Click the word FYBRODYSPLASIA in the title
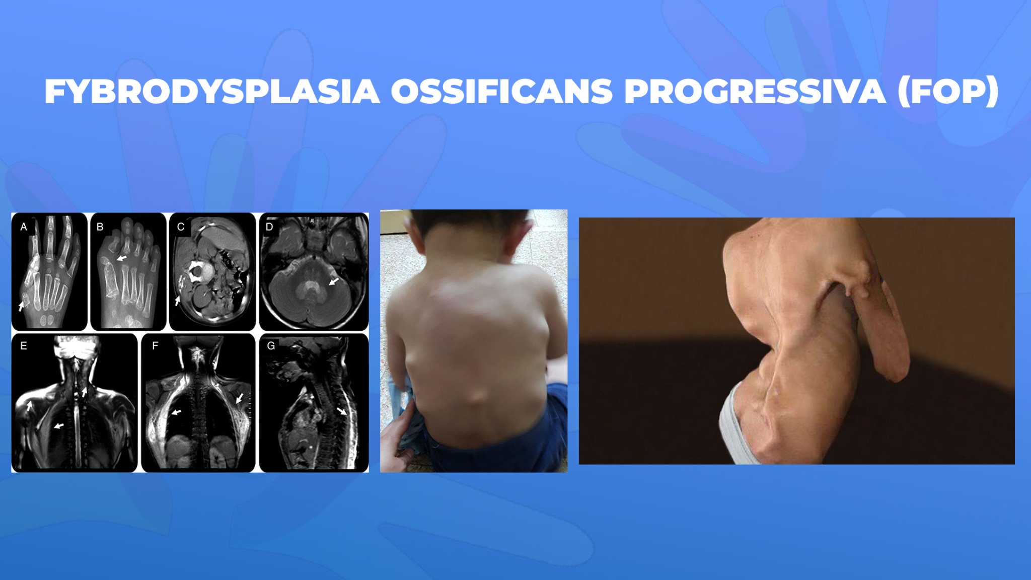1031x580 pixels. (212, 92)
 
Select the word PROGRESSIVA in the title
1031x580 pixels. (755, 92)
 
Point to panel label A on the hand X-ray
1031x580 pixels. (24, 227)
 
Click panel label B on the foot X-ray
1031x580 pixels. (100, 227)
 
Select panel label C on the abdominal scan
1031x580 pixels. (181, 227)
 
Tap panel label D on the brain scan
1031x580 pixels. (269, 227)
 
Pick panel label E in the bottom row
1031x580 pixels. (23, 346)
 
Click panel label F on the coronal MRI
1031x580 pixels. (155, 346)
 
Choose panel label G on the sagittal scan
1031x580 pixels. (271, 346)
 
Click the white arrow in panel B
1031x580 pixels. (121, 258)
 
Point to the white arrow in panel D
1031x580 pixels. (333, 281)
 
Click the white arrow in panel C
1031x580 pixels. (177, 301)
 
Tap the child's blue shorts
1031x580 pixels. (503, 443)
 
